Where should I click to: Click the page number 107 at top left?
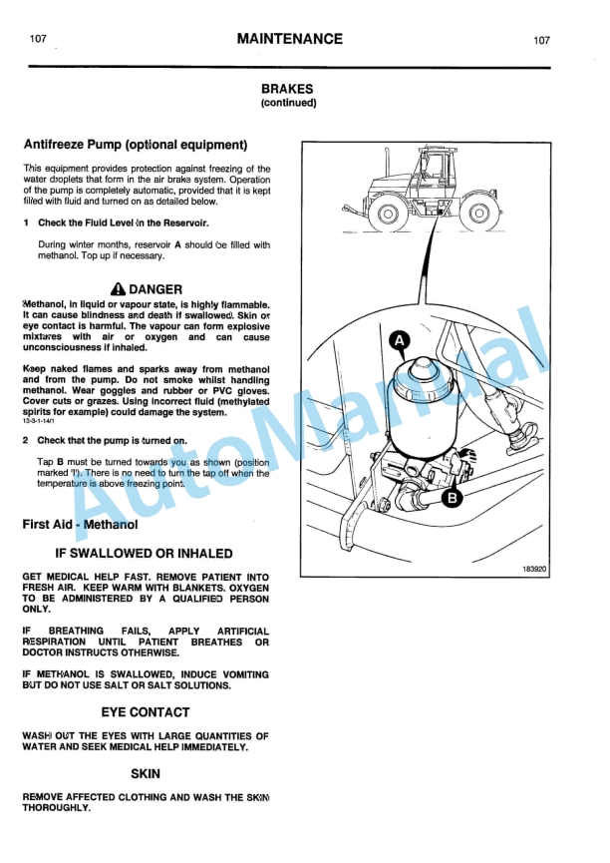coord(38,40)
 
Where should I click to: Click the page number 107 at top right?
coord(541,41)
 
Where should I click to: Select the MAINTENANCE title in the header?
coord(289,40)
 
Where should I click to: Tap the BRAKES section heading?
coord(288,88)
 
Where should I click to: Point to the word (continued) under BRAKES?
coord(288,102)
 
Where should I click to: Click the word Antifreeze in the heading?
coord(55,145)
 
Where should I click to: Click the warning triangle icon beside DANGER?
coord(119,289)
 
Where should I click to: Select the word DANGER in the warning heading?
coord(155,289)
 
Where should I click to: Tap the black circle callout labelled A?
coord(399,342)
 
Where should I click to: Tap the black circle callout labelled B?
coord(452,497)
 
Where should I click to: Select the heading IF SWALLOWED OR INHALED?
coord(144,553)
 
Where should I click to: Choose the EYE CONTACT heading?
coord(145,712)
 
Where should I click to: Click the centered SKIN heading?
coord(145,773)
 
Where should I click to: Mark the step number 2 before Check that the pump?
coord(26,440)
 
